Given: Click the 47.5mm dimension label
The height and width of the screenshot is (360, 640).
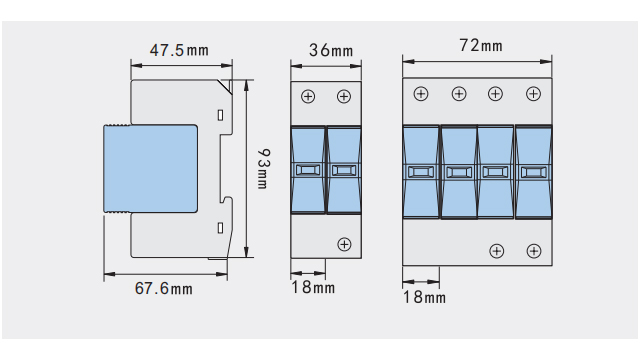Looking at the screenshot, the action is coord(179,50).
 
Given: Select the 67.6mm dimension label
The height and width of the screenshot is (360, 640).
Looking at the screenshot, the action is coord(163,289).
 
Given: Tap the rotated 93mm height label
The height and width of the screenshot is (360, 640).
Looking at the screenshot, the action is coord(264,169).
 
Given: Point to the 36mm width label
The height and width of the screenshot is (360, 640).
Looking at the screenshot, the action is coord(331,50).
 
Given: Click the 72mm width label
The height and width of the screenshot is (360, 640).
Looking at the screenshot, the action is coord(481,45).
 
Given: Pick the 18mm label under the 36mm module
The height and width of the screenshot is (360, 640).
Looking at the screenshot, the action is coord(313,287).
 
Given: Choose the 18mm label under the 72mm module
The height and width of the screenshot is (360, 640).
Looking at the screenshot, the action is coord(424,297).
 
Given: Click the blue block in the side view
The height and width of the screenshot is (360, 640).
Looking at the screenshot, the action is coord(151,169).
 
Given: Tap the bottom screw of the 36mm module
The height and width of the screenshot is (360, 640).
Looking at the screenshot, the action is coord(344,244).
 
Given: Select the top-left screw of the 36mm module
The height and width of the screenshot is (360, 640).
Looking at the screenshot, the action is coord(308,96).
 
